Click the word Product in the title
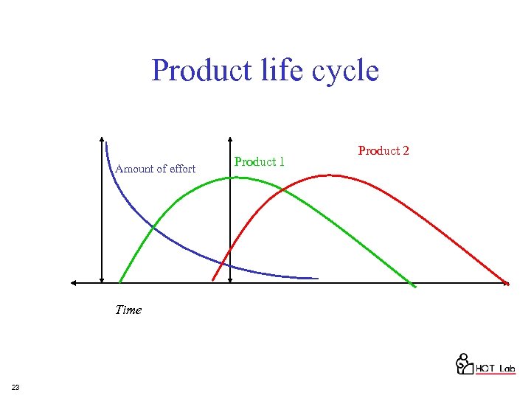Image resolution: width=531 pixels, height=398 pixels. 195,71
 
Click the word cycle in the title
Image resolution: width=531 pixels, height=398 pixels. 346,71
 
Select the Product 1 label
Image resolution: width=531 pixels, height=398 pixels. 259,161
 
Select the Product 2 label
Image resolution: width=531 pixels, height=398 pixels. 383,150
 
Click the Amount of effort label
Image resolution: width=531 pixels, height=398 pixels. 156,169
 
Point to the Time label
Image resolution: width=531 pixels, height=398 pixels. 128,310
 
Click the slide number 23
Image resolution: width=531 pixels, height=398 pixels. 15,387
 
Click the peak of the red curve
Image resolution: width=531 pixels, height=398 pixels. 332,175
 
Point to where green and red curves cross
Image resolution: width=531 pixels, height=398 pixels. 283,190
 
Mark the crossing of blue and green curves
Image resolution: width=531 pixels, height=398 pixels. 153,226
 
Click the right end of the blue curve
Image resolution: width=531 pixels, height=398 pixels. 318,278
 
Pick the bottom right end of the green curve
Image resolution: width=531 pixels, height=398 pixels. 415,286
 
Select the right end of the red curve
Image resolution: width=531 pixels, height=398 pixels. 507,282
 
